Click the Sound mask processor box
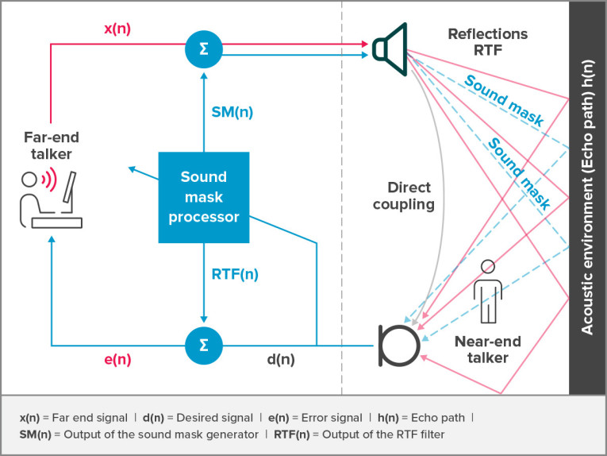(x=204, y=196)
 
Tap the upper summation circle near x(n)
(x=204, y=49)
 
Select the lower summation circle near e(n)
(x=204, y=346)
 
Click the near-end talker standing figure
(x=487, y=291)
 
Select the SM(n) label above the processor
(x=231, y=112)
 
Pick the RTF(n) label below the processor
(x=235, y=275)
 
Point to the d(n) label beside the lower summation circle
(x=280, y=360)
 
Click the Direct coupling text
(x=409, y=196)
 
